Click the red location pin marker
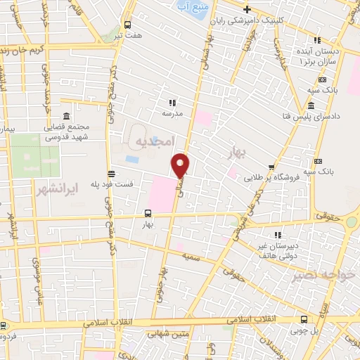(x=181, y=165)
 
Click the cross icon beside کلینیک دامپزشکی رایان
(x=247, y=9)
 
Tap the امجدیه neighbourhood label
(x=153, y=142)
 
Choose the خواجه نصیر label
(x=325, y=274)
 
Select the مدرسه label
(x=172, y=112)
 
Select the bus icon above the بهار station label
(x=147, y=213)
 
